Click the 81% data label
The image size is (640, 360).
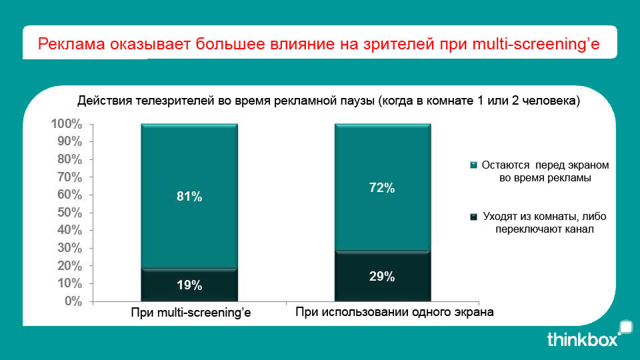pos(189,197)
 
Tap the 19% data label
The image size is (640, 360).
pos(189,285)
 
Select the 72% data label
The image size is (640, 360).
pos(382,188)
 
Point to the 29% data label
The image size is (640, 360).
pos(382,277)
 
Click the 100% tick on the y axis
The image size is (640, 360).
pos(66,125)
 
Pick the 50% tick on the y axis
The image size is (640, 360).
pos(69,213)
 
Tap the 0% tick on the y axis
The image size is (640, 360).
pos(73,301)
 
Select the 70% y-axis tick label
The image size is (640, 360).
pos(69,177)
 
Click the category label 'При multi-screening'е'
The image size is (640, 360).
pos(191,313)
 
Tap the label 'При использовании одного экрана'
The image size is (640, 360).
pos(395,312)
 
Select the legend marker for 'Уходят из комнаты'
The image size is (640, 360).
pos(474,217)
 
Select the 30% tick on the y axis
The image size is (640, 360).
pos(69,248)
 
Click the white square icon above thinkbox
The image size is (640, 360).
pos(625,327)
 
